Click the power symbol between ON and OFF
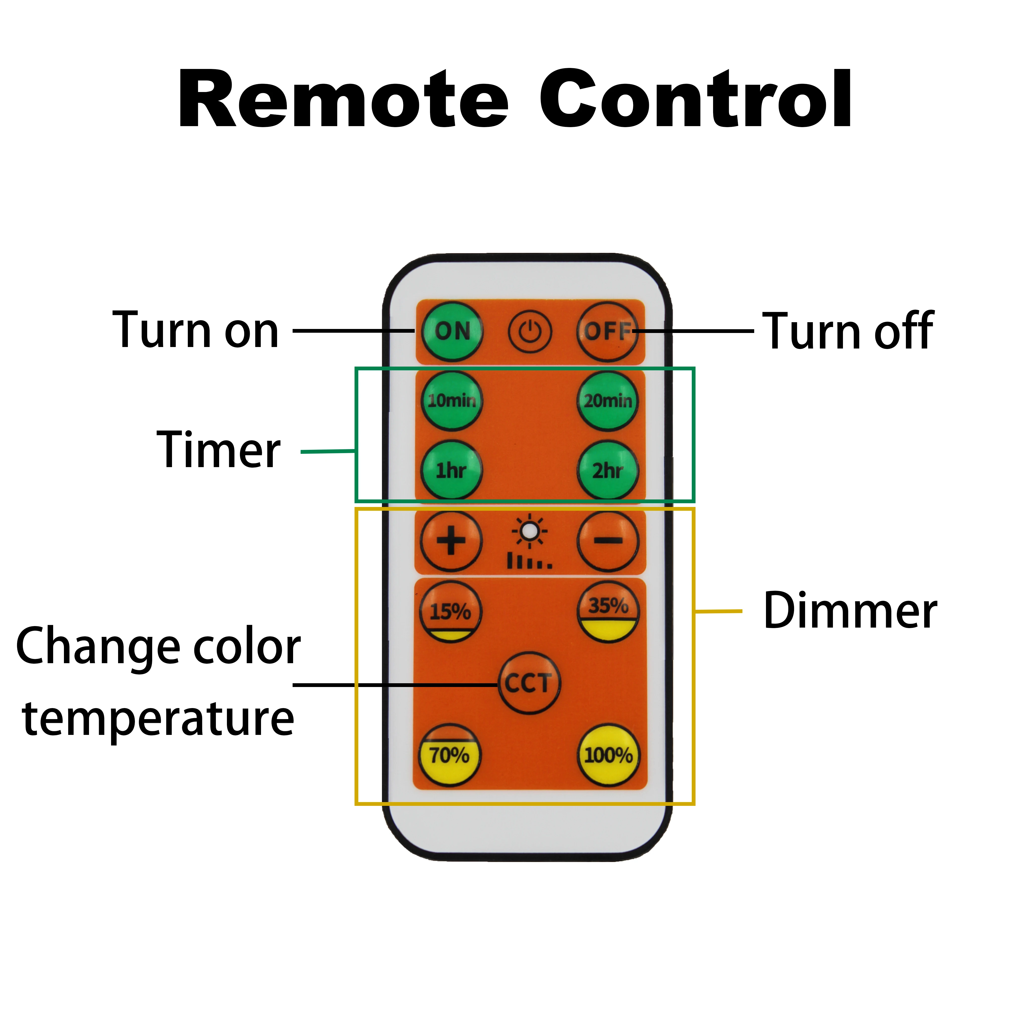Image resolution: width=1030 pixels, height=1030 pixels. click(x=529, y=332)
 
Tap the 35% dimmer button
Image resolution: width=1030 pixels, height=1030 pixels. click(x=608, y=612)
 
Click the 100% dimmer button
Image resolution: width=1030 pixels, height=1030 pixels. click(x=608, y=755)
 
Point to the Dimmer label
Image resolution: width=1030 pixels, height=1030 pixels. click(x=850, y=611)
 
